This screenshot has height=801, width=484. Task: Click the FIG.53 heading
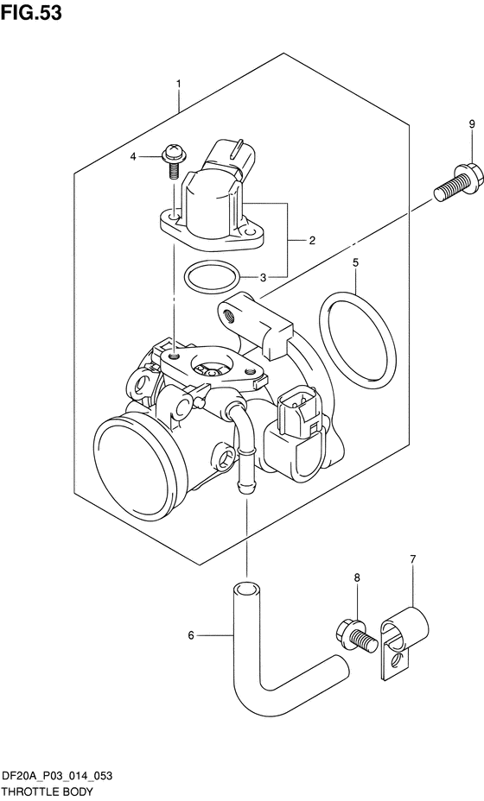pos(32,12)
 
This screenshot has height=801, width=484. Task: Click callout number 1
pos(179,83)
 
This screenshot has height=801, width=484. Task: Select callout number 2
pos(312,240)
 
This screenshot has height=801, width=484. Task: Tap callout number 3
pos(263,277)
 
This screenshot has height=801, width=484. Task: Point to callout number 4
pos(133,157)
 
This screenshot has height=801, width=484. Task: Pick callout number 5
pos(355,263)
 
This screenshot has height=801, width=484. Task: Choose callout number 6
pos(191,635)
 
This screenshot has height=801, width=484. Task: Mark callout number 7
pos(413,558)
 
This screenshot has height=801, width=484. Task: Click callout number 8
pos(357,577)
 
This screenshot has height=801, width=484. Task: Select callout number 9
pos(472,123)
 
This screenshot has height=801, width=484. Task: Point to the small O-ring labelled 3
pos(212,276)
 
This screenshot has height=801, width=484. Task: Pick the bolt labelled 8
pos(357,636)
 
